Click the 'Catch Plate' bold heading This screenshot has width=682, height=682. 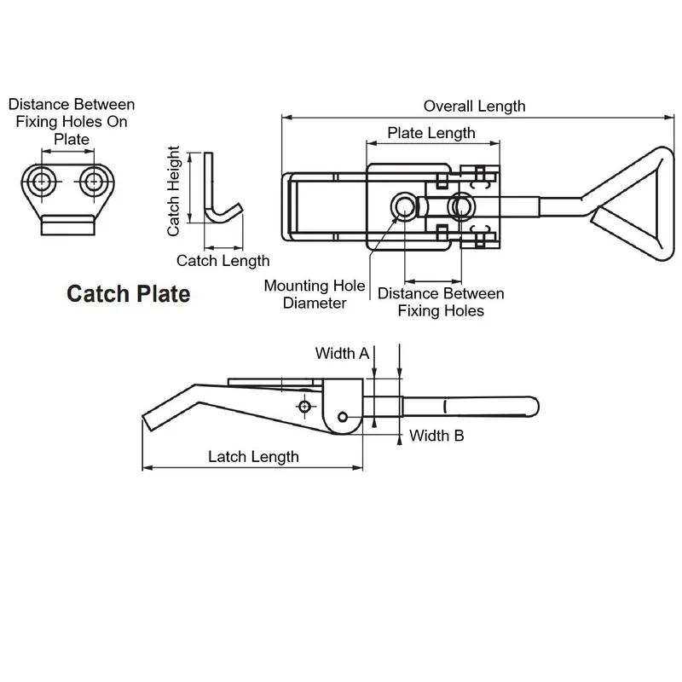[128, 295]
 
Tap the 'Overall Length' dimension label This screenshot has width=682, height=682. [474, 107]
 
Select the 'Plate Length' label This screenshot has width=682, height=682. [431, 133]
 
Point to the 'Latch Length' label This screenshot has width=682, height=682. [253, 457]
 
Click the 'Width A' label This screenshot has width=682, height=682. [342, 353]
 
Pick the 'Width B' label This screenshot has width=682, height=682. [436, 436]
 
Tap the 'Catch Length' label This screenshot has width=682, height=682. [223, 261]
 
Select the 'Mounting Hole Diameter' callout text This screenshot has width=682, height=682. [315, 294]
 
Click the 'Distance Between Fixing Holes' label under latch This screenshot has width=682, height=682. [441, 302]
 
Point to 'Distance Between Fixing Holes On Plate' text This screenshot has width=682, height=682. [72, 121]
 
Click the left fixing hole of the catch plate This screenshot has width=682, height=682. [41, 180]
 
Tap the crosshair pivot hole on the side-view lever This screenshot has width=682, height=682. [304, 407]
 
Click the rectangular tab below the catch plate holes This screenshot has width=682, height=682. [68, 225]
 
